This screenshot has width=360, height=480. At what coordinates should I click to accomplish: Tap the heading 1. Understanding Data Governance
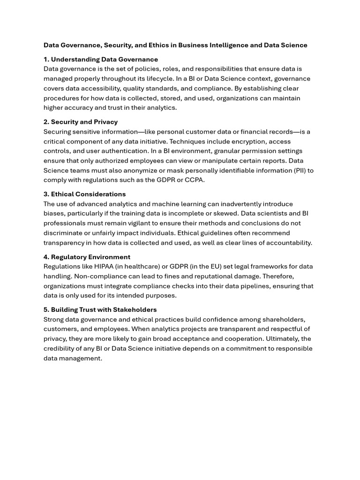[101, 60]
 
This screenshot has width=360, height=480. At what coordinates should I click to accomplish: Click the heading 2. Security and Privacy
[81, 122]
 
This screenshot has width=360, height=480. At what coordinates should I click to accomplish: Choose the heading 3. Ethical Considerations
[85, 194]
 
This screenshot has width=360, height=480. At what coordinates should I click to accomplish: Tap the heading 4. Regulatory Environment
[87, 257]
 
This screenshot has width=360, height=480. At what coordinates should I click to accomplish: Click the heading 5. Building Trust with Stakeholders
[100, 310]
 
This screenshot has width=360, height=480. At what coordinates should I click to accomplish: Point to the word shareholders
[283, 320]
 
